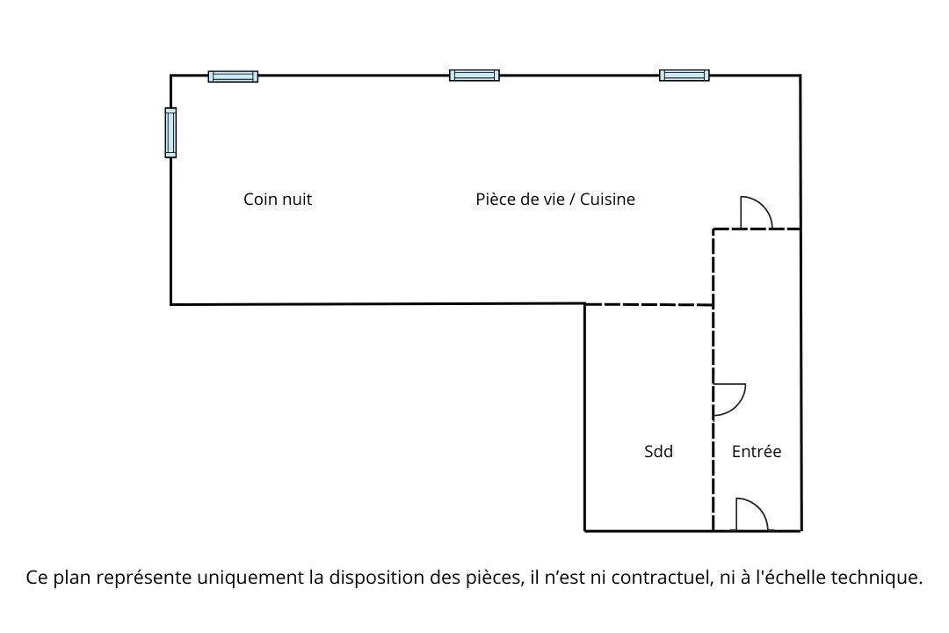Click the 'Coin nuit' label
coord(278,200)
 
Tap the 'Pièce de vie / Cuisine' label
coord(554,200)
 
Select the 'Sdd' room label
coord(658,452)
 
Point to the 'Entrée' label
coord(757,452)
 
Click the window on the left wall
coord(170,133)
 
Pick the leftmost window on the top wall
coord(233,76)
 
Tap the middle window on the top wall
coord(474,76)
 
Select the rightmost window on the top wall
coord(685,76)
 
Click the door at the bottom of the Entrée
coord(751,515)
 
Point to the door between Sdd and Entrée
coord(729,399)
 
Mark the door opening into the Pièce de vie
coord(756,213)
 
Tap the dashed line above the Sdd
coord(648,305)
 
